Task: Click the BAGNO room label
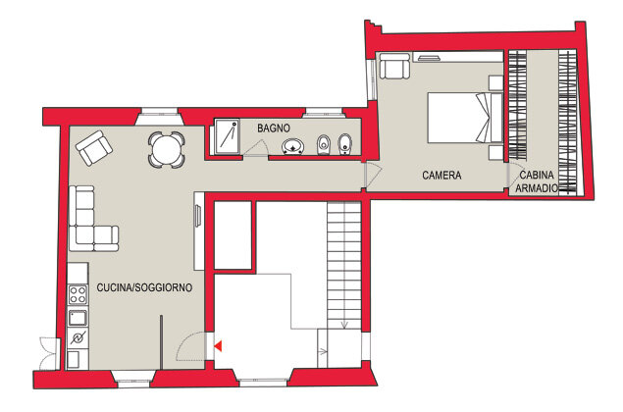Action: point(274,129)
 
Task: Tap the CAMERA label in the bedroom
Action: point(441,176)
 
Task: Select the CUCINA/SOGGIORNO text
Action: point(144,287)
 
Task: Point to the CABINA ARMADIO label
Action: point(537,181)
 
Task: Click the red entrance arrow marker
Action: point(218,346)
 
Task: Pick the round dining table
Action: point(167,150)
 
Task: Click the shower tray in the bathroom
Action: point(227,136)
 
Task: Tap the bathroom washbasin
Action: point(293,146)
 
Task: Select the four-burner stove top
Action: point(78,294)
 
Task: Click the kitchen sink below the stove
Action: point(78,318)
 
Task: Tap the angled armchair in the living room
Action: point(94,148)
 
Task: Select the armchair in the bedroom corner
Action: point(394,66)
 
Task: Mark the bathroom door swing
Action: point(255,148)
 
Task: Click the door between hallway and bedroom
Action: point(373,175)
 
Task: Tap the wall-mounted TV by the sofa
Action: point(197,216)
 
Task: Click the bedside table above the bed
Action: point(495,83)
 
